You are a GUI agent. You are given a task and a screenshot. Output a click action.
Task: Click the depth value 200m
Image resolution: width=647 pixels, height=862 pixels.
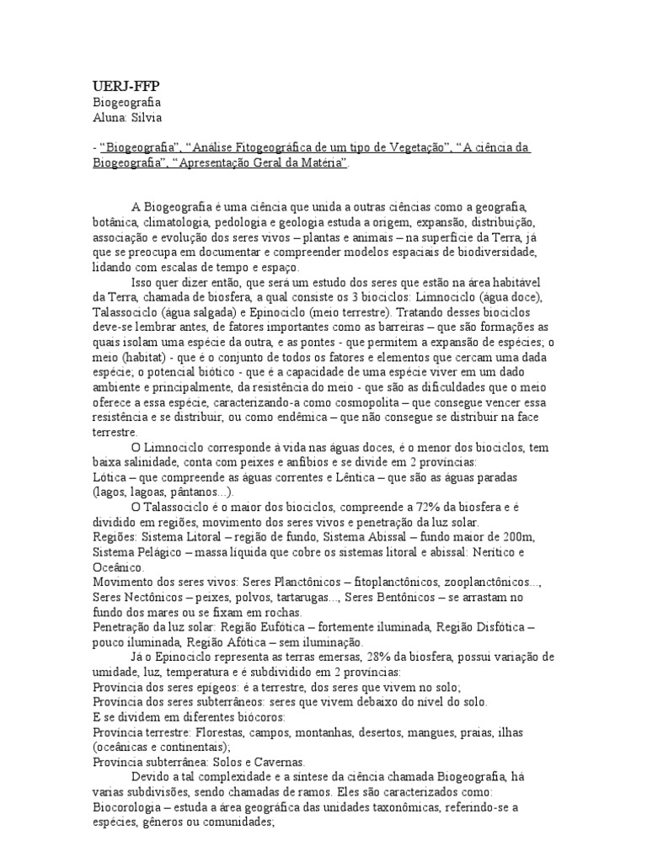(516, 537)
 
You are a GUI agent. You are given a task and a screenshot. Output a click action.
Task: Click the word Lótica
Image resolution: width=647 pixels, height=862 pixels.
(110, 477)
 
